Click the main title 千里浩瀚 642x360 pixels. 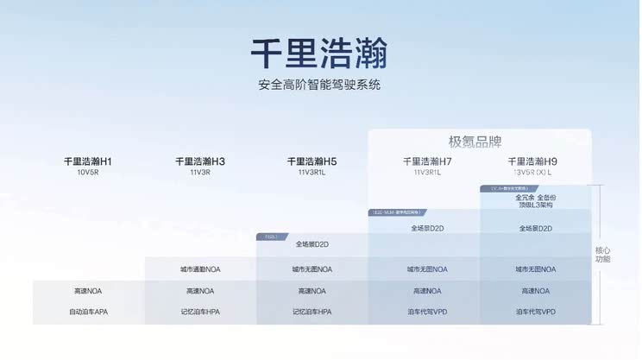tap(319, 53)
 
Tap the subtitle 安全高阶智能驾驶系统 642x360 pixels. tap(319, 85)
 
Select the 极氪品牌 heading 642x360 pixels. tap(475, 142)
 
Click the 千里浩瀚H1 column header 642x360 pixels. tap(88, 161)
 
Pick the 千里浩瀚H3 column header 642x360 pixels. tap(200, 161)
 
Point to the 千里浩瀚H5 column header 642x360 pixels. tap(312, 161)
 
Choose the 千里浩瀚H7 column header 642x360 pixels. tap(427, 161)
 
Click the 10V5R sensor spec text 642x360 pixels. tap(88, 173)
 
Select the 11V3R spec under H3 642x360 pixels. tap(200, 173)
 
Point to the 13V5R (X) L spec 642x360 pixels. tap(532, 173)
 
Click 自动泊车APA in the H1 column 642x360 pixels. tap(88, 312)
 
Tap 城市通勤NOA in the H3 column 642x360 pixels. tap(200, 269)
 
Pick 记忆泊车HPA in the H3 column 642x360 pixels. tap(200, 312)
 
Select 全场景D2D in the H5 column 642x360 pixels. tap(312, 244)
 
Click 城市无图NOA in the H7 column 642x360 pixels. tap(427, 269)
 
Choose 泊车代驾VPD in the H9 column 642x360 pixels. tap(536, 312)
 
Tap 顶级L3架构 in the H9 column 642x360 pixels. tap(536, 205)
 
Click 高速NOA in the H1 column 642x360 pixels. tap(88, 291)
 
